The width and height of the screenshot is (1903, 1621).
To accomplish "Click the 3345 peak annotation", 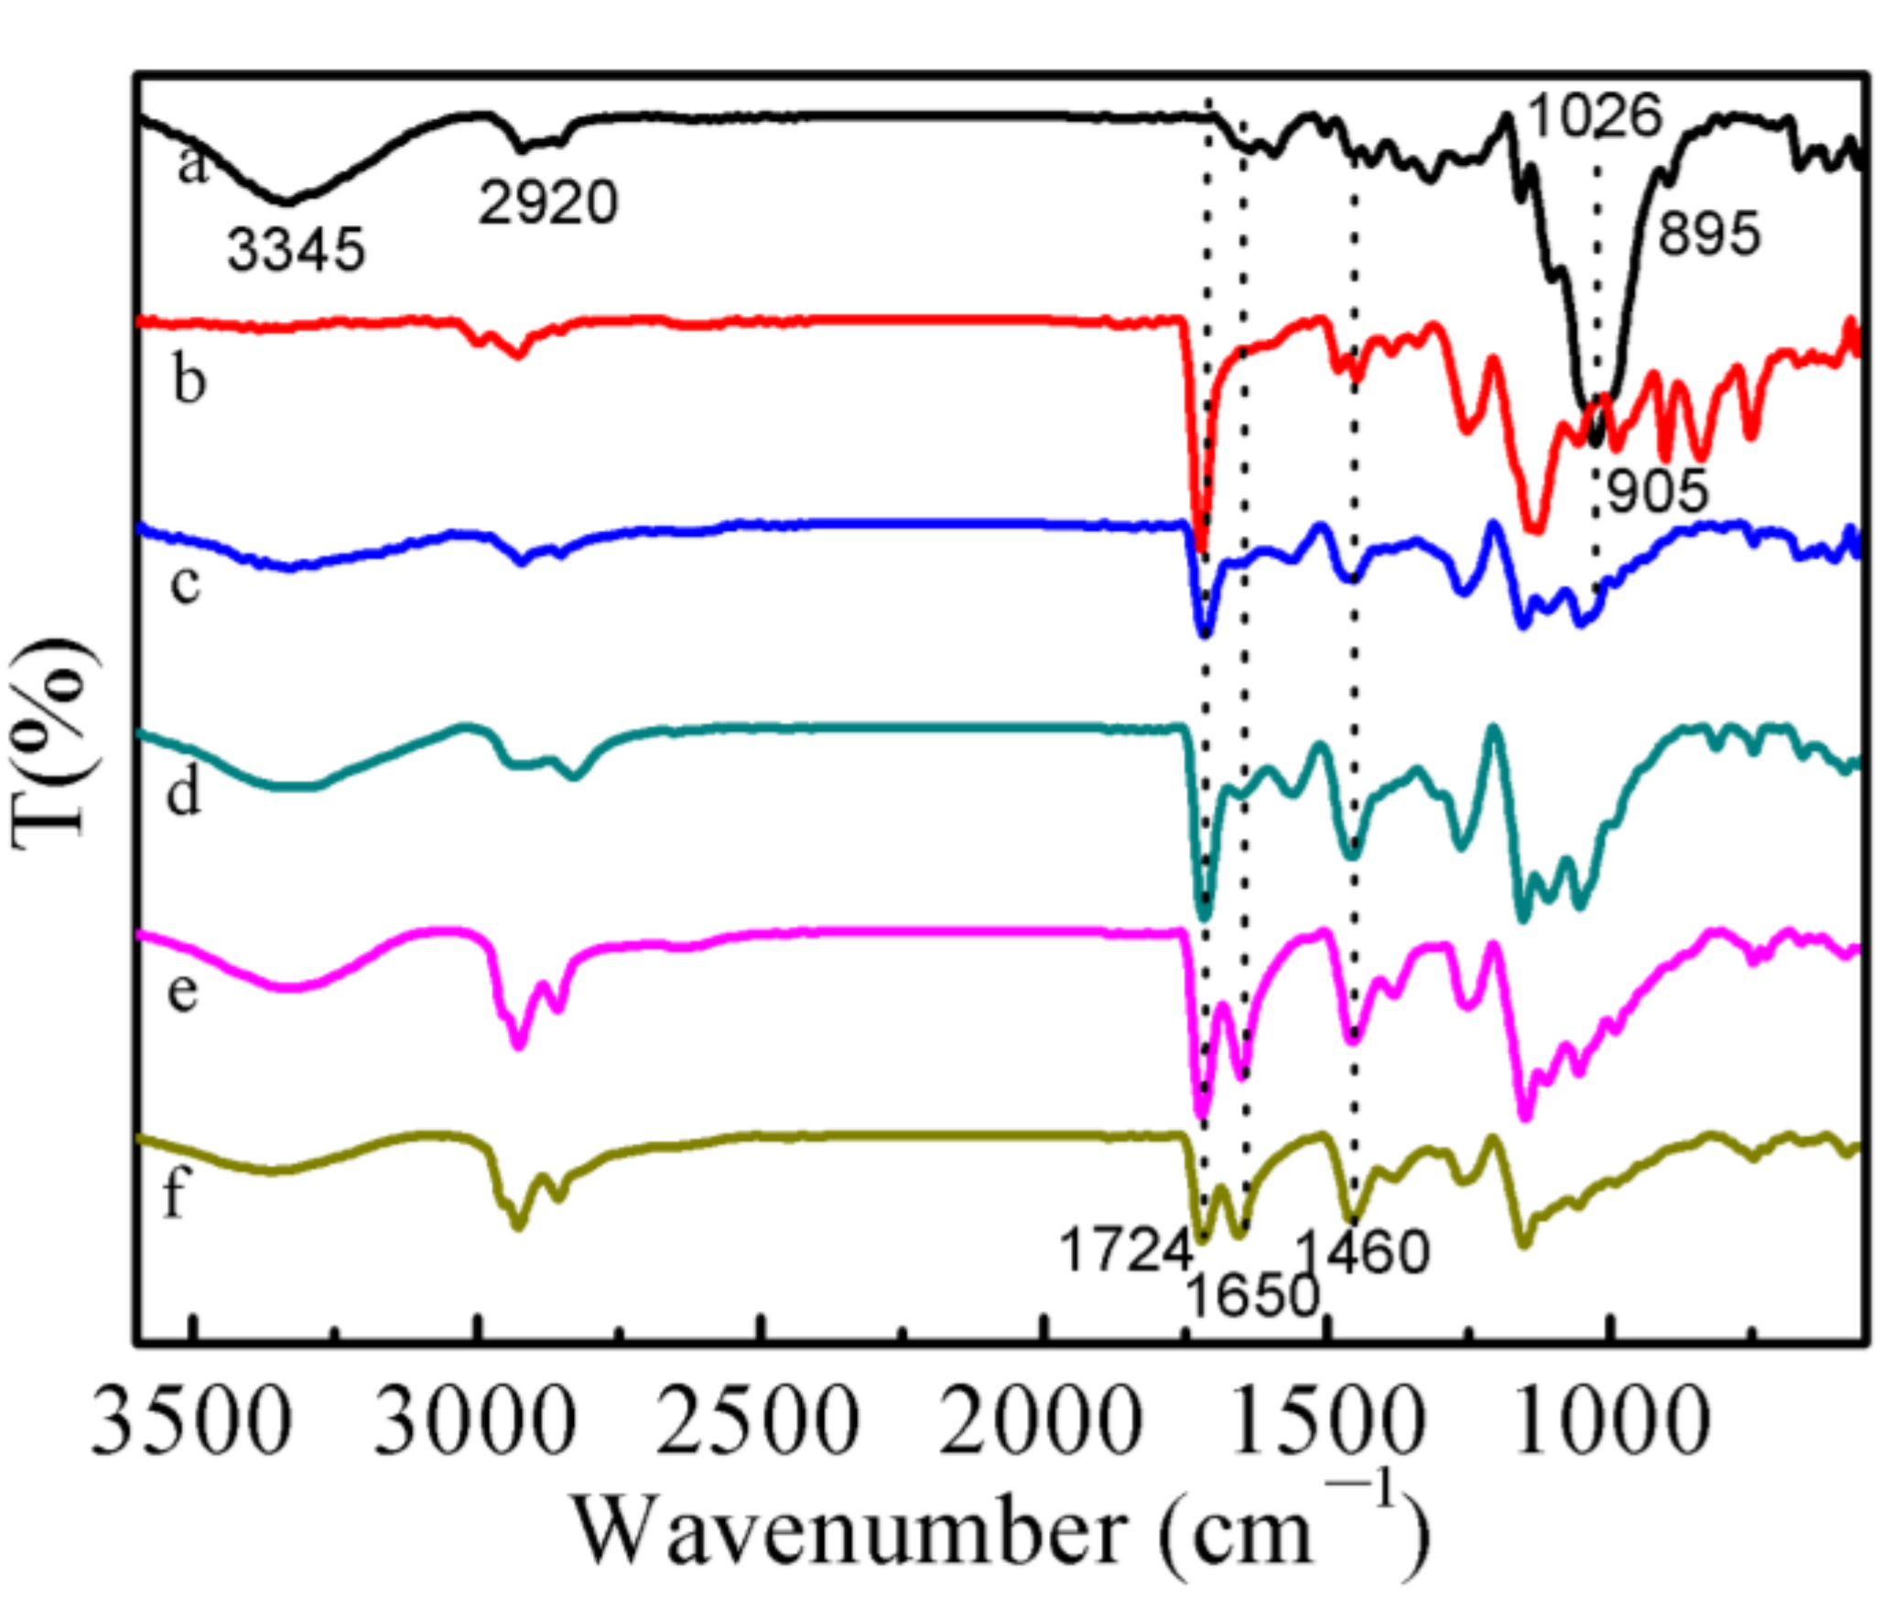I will (296, 249).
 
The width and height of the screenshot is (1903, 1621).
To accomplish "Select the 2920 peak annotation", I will (548, 203).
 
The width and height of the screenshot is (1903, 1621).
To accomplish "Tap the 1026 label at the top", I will (1595, 116).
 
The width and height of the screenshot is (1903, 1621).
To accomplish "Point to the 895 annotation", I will (1708, 234).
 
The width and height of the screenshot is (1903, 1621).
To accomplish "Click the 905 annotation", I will (1658, 491).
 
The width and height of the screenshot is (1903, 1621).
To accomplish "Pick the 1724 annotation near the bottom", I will (1126, 1251).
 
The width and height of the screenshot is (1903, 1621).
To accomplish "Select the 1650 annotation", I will (1252, 1296).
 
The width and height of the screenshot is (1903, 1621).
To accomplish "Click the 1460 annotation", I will (1363, 1252).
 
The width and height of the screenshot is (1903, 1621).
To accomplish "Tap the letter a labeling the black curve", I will (193, 166).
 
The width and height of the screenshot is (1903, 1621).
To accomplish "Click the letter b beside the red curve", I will (189, 378).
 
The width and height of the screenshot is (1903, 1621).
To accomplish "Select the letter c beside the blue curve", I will (185, 582).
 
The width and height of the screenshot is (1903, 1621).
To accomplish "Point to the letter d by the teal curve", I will (183, 790).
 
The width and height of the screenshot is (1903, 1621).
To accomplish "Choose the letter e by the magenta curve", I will (183, 993).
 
